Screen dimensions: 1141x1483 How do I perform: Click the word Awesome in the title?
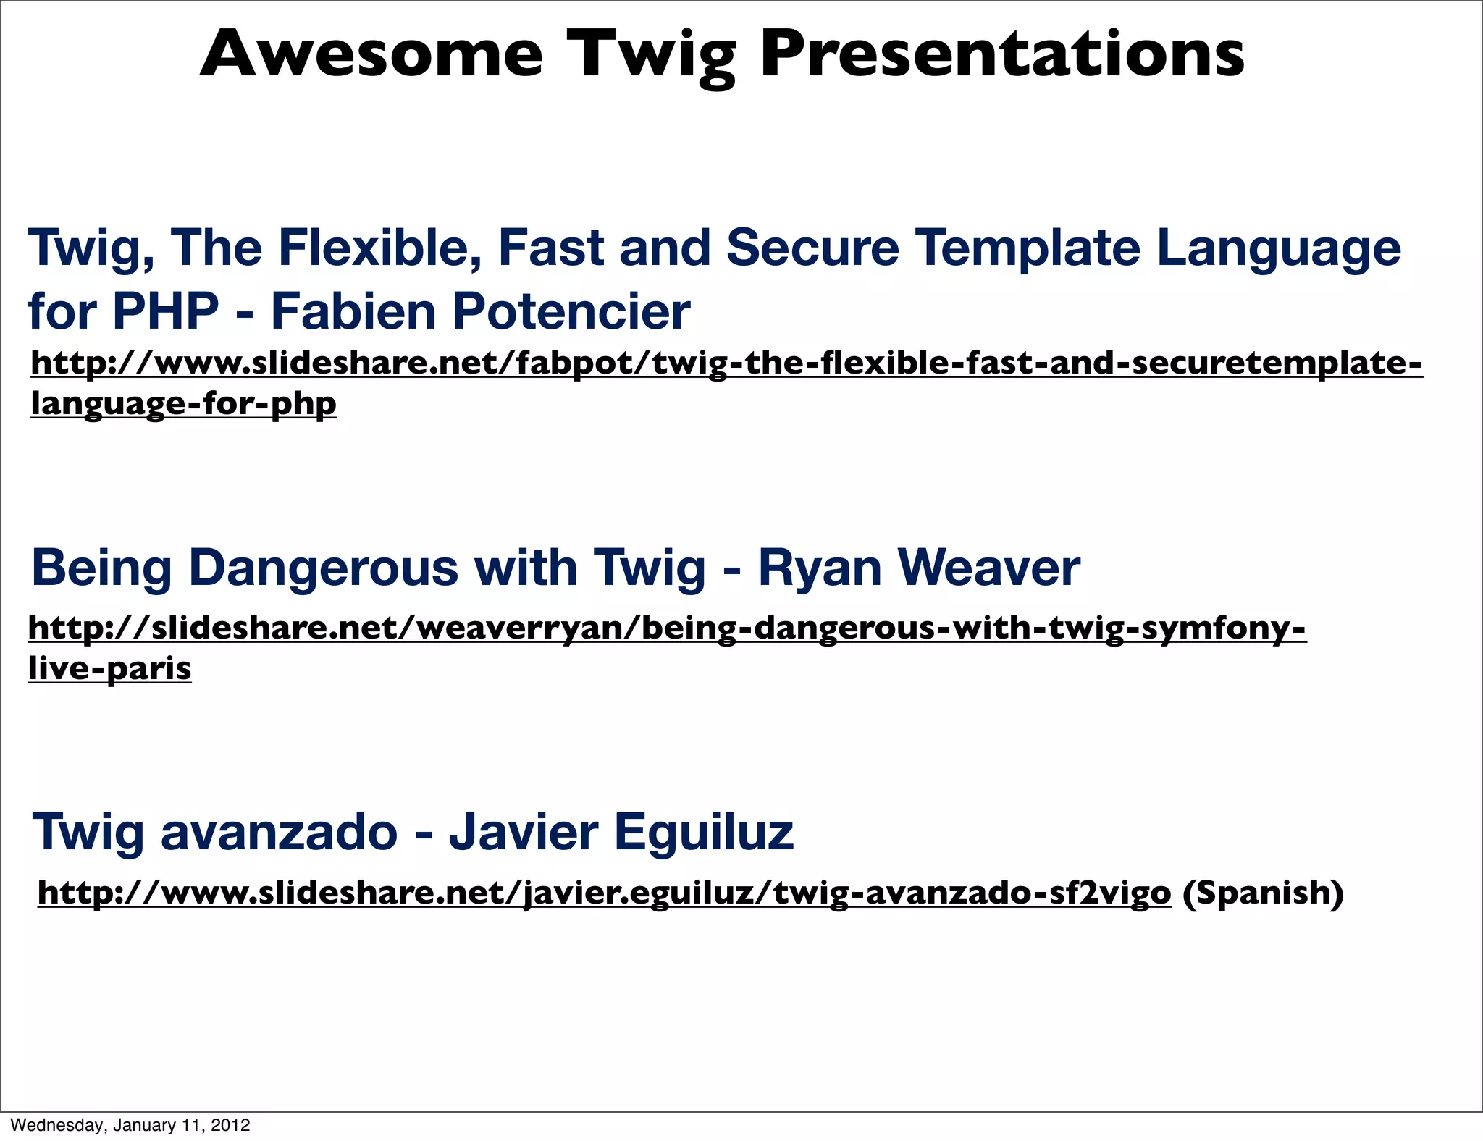pos(371,54)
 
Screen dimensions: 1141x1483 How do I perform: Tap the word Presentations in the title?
pos(1002,54)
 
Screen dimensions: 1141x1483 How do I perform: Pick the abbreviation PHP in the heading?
pos(166,311)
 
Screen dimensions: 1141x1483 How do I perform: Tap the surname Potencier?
pos(571,312)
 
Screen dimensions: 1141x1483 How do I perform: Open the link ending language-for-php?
pos(184,403)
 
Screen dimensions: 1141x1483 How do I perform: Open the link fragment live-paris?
pos(110,668)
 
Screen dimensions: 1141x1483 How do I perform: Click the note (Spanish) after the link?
pos(1263,893)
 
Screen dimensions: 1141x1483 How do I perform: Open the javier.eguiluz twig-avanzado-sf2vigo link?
pos(604,893)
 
